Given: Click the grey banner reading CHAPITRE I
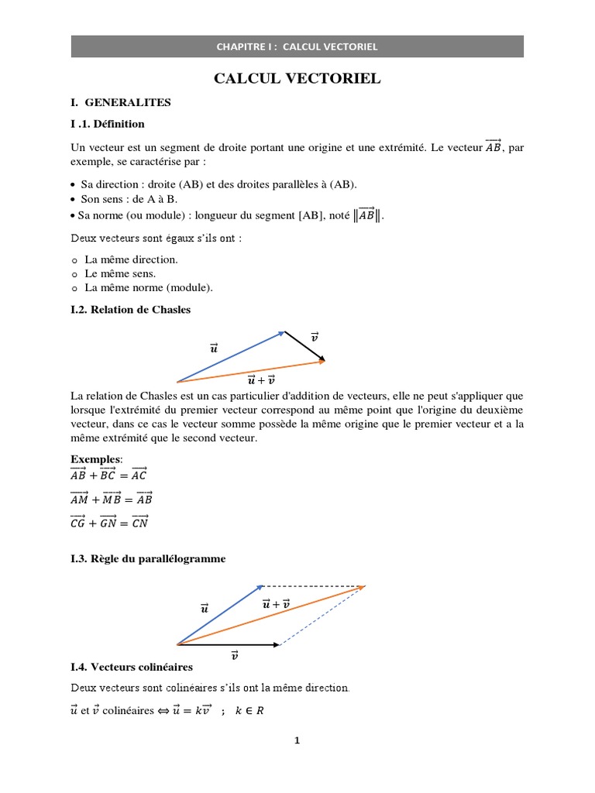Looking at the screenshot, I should point(297,46).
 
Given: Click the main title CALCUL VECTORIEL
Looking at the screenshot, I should point(297,80).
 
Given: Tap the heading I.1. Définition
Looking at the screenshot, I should point(107,124).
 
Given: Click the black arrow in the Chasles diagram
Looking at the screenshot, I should point(305,346).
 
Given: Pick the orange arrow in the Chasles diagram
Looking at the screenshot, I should point(252,371).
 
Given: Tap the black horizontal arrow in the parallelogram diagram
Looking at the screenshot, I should point(229,644).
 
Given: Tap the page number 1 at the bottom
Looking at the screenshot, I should point(297,740).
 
